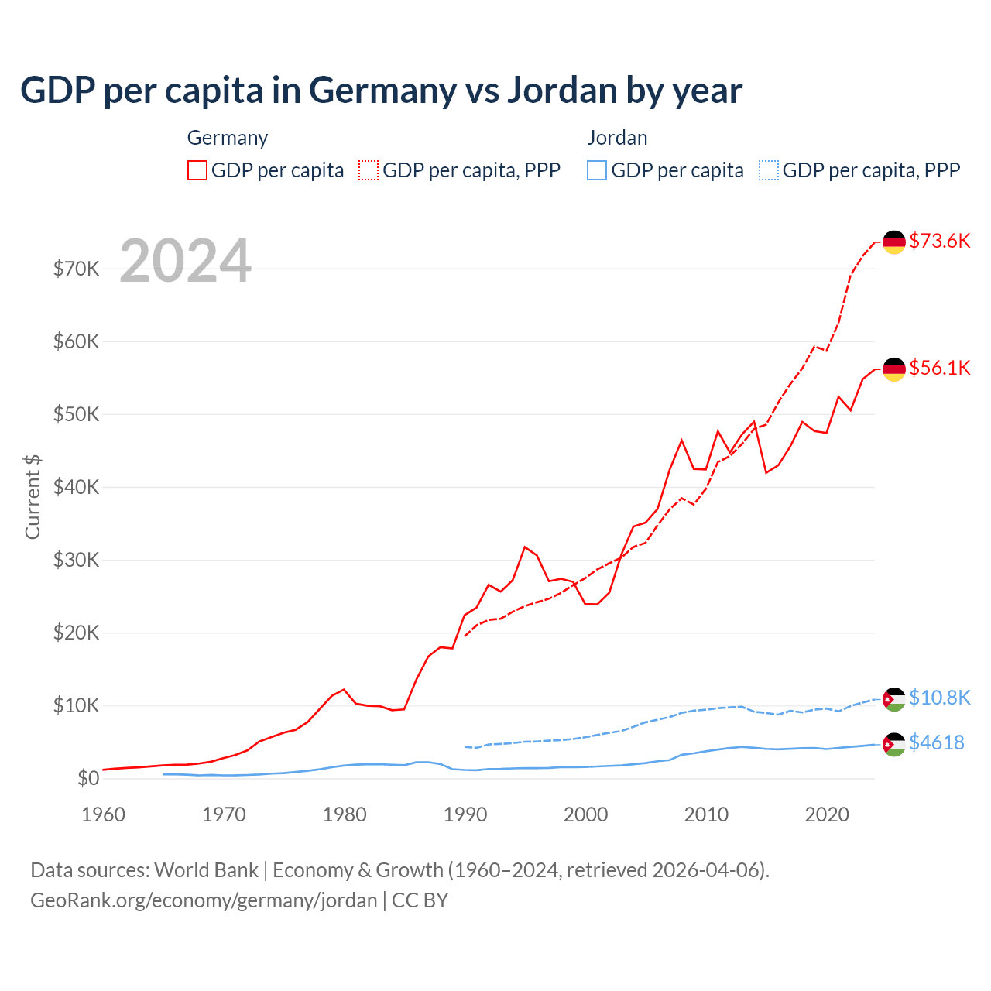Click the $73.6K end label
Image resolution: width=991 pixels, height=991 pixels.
(x=939, y=241)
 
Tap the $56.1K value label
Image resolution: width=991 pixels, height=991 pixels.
(x=939, y=368)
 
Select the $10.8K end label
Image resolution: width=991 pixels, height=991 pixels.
(x=939, y=698)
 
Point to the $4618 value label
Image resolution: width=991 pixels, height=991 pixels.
(x=936, y=742)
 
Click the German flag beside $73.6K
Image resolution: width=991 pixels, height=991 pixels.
(x=894, y=242)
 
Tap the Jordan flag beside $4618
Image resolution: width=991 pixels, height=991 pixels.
(x=894, y=744)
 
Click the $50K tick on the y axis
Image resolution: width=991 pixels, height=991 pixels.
(x=76, y=414)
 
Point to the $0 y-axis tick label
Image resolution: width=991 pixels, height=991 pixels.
(x=88, y=778)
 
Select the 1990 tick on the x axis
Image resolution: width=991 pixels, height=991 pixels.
(x=465, y=814)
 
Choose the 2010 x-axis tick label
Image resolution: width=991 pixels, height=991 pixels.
(x=706, y=814)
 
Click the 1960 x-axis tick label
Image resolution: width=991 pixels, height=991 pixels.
(x=103, y=814)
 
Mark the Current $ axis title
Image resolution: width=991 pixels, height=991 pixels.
(x=33, y=497)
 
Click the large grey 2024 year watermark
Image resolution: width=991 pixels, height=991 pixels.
(x=185, y=261)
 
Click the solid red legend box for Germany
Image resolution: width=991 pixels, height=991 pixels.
(x=197, y=170)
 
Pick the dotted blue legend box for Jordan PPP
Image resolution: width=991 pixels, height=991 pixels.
(x=769, y=170)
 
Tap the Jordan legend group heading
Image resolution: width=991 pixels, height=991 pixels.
(x=617, y=138)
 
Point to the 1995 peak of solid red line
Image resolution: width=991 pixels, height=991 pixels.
(x=525, y=547)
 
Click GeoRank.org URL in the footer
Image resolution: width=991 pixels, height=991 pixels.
(x=204, y=900)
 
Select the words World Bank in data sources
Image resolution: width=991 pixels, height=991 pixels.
(x=206, y=870)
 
